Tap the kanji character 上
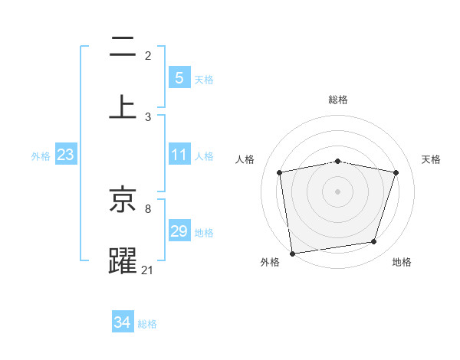pyautogui.click(x=123, y=107)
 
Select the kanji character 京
pyautogui.click(x=123, y=201)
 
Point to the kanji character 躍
pyautogui.click(x=123, y=260)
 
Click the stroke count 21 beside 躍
pyautogui.click(x=147, y=270)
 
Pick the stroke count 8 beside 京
pyautogui.click(x=148, y=208)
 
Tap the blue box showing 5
pyautogui.click(x=179, y=77)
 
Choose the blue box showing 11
pyautogui.click(x=179, y=155)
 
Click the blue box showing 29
pyautogui.click(x=179, y=231)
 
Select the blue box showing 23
pyautogui.click(x=66, y=155)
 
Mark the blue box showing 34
pyautogui.click(x=123, y=322)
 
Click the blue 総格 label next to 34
pyautogui.click(x=147, y=324)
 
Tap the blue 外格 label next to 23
pyautogui.click(x=41, y=156)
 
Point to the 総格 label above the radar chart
pyautogui.click(x=338, y=100)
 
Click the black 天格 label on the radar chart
pyautogui.click(x=432, y=159)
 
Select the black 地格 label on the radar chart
pyautogui.click(x=402, y=262)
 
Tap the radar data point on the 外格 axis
pyautogui.click(x=292, y=253)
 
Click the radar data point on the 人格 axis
pyautogui.click(x=280, y=172)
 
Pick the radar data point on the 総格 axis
pyautogui.click(x=338, y=161)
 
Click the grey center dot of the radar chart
pyautogui.click(x=338, y=191)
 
